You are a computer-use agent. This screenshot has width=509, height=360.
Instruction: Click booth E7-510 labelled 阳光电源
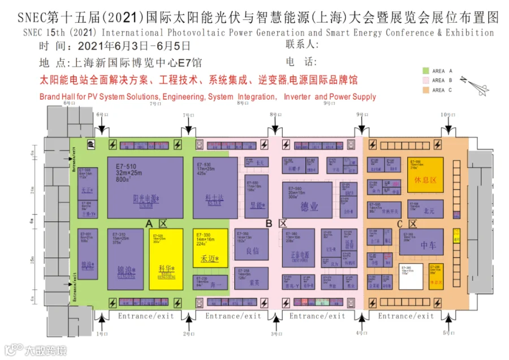[x=145, y=187]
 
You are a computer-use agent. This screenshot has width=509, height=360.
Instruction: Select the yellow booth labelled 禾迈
[x=210, y=248]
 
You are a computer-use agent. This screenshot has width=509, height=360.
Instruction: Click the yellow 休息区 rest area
[x=425, y=174]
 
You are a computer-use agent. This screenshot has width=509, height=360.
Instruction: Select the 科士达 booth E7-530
[x=214, y=187]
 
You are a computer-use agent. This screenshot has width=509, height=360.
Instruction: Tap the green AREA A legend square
[x=426, y=71]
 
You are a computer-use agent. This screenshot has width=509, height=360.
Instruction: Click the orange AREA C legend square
[x=426, y=90]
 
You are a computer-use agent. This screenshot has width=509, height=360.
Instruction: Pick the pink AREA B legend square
[x=426, y=80]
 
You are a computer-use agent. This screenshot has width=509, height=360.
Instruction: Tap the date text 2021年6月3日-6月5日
[x=135, y=46]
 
